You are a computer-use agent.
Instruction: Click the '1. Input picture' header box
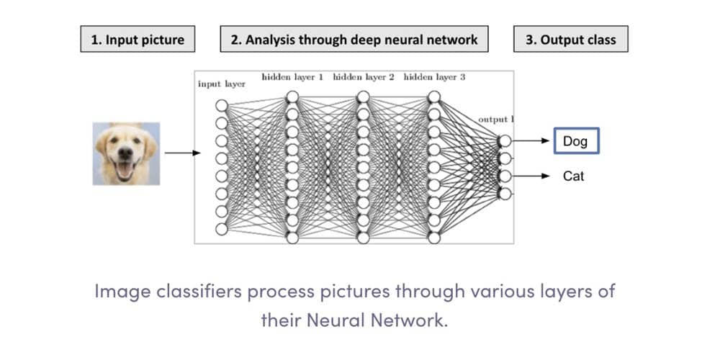[138, 39]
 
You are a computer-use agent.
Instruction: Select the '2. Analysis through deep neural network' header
[354, 39]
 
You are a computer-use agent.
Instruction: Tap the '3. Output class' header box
[571, 39]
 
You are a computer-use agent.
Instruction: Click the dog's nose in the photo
[126, 153]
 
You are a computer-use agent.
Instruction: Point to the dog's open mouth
[125, 169]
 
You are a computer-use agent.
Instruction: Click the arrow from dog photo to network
[183, 153]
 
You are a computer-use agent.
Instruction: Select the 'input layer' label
[222, 84]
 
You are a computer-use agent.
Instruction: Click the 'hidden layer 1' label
[292, 77]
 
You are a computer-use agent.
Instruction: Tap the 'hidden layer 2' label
[364, 77]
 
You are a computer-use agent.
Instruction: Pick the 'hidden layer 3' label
[434, 77]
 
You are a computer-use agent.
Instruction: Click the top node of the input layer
[222, 106]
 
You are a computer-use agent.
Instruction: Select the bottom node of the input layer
[222, 229]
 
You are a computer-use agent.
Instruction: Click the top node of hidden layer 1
[292, 96]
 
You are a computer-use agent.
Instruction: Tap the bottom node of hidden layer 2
[364, 238]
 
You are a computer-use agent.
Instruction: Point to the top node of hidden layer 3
[434, 96]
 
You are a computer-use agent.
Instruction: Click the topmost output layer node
[505, 141]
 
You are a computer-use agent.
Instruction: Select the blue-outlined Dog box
[576, 141]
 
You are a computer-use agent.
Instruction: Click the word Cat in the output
[574, 176]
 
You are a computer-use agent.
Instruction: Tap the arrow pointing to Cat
[531, 176]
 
